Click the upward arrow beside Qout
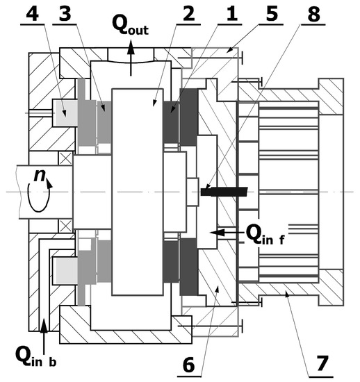pos(132,59)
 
